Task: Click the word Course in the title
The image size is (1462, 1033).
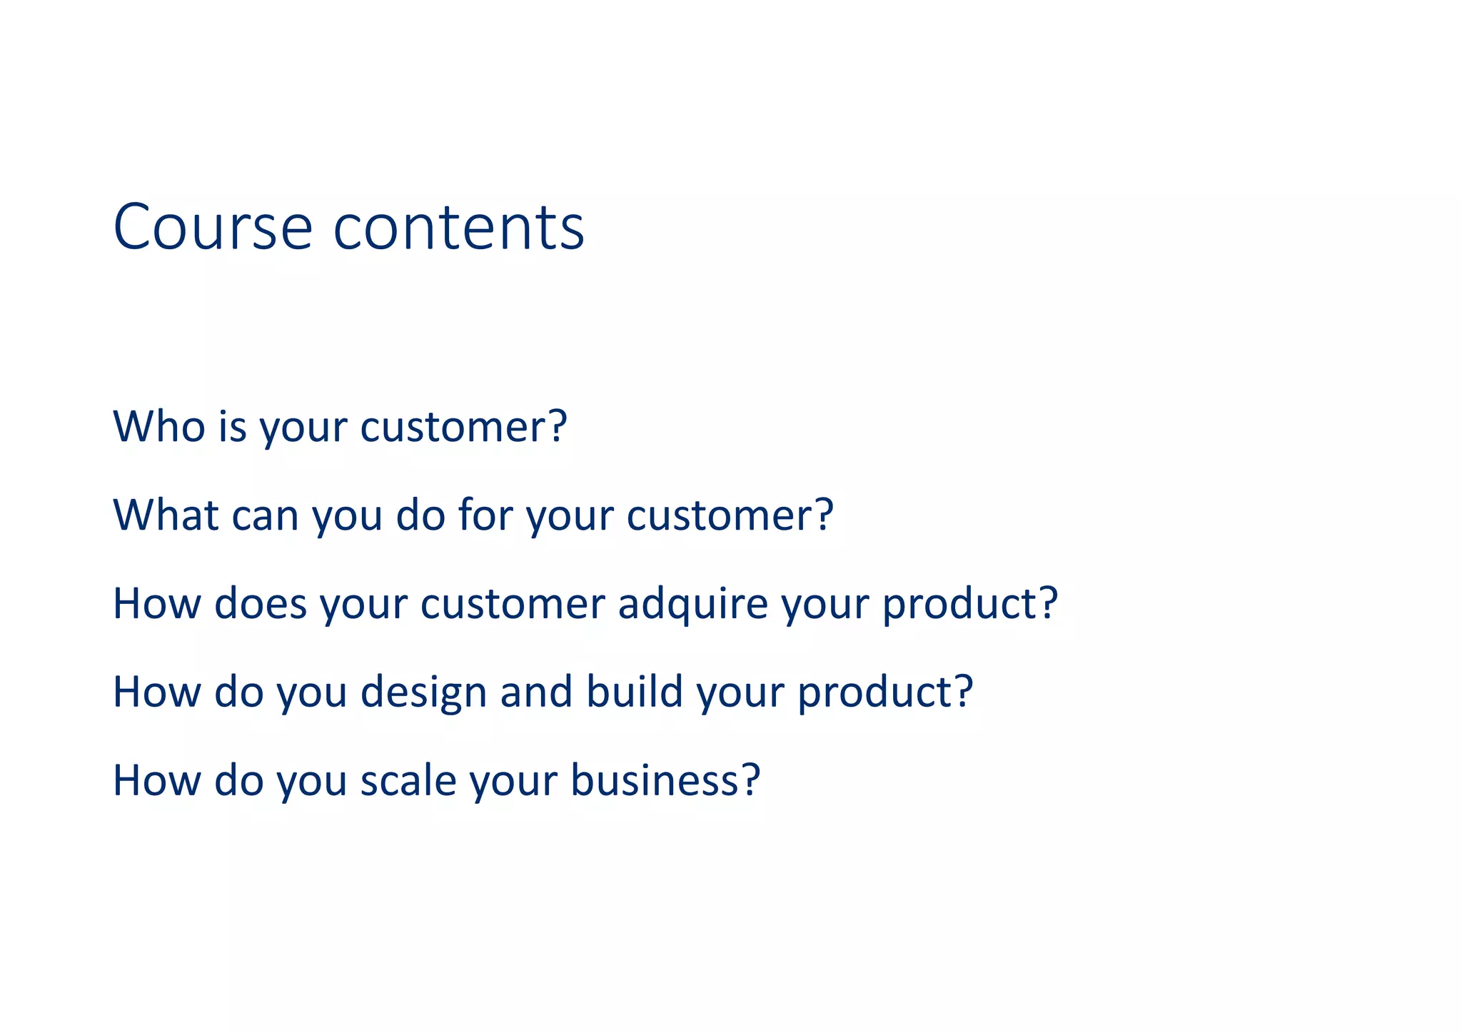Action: coord(213,227)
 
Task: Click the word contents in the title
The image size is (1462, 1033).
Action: coord(459,227)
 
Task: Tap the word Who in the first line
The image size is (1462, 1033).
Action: coord(159,426)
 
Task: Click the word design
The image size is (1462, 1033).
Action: coord(423,692)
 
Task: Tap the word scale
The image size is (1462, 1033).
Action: coord(408,780)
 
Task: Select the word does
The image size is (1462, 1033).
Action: coord(260,603)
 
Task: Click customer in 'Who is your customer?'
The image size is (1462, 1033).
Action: coord(452,427)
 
